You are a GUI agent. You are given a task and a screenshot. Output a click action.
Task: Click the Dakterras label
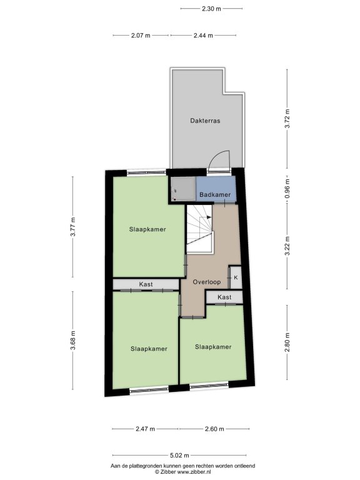(205, 121)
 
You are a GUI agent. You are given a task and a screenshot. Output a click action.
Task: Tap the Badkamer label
(215, 195)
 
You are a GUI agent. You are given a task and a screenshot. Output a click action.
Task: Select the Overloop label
(207, 282)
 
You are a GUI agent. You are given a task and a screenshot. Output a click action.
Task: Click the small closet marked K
(236, 277)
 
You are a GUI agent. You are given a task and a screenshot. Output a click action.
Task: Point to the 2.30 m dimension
(211, 9)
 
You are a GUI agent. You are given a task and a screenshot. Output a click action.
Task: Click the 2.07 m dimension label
(141, 35)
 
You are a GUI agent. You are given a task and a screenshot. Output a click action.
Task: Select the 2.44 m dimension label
(203, 35)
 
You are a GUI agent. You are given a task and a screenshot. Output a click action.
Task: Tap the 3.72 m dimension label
(287, 119)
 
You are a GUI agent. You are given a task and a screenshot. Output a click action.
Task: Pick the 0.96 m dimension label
(287, 189)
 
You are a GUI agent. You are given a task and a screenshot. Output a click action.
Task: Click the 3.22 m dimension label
(287, 246)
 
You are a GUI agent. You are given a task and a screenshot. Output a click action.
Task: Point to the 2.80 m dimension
(287, 342)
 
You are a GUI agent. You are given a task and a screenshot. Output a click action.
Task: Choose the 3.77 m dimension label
(73, 227)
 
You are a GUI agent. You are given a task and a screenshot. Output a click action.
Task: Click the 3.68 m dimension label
(73, 341)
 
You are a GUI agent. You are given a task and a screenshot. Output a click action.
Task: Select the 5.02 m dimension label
(180, 455)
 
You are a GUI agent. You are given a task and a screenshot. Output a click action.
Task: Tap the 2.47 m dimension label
(145, 429)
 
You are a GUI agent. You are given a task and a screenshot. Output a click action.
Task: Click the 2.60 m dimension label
(214, 429)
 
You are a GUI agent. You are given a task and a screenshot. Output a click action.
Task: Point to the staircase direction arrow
(206, 217)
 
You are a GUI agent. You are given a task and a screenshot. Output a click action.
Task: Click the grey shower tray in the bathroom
(183, 189)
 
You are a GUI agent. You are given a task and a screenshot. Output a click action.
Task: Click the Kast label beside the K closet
(224, 297)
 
